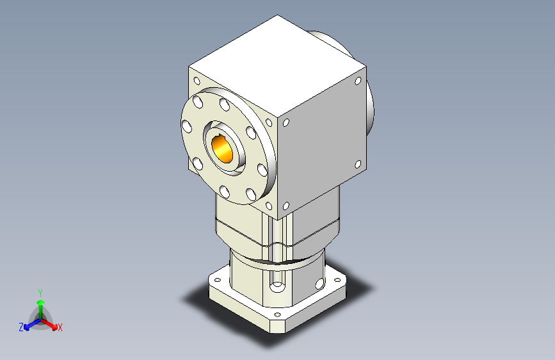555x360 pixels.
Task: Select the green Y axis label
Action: (x=40, y=291)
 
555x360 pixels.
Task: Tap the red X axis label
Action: (x=60, y=327)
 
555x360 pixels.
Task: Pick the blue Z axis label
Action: (x=21, y=327)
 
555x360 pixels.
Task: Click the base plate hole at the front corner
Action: (x=277, y=314)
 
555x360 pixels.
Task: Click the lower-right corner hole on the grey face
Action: (x=359, y=165)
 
